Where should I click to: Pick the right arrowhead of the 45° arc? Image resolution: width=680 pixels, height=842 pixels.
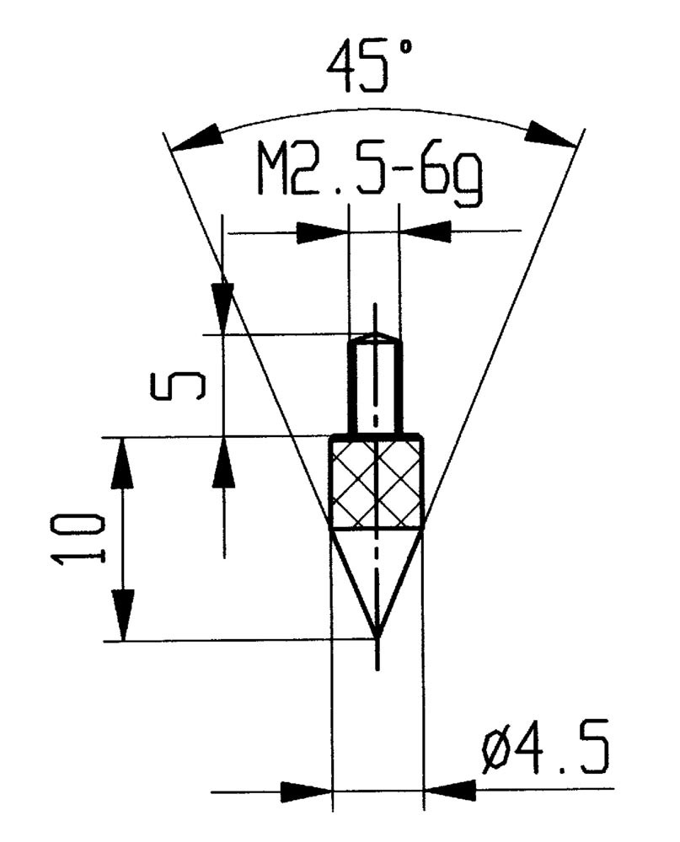(x=551, y=134)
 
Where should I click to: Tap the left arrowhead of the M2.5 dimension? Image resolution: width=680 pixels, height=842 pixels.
(x=322, y=232)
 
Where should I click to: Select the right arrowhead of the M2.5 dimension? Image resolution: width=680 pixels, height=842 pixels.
(x=424, y=232)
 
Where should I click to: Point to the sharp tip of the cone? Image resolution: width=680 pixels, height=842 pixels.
(x=377, y=637)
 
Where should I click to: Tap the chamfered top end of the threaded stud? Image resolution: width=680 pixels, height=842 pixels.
(x=374, y=338)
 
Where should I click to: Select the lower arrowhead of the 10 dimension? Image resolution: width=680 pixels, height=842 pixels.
(x=124, y=616)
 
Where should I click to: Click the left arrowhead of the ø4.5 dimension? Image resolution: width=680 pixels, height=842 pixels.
(x=308, y=791)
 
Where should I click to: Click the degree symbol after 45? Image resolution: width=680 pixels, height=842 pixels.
(x=405, y=49)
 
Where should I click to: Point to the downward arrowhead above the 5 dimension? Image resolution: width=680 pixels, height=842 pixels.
(x=223, y=308)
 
